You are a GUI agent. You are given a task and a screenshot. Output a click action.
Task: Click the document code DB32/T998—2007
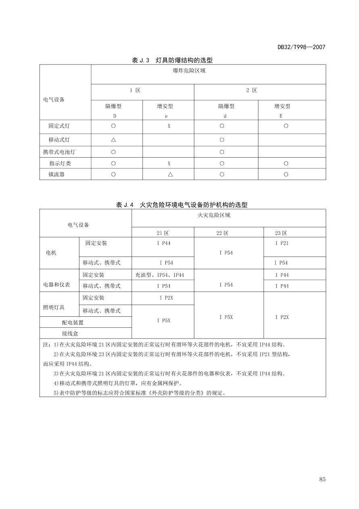301,47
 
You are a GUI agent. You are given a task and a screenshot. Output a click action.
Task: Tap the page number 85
322,479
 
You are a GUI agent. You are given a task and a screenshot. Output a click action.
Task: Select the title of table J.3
172,60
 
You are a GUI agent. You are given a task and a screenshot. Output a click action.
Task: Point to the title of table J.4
181,205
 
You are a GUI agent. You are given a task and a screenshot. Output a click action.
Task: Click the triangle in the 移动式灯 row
113,140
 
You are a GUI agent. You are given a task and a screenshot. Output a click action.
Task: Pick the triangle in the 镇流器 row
170,174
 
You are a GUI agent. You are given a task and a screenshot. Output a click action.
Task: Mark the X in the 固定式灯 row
169,126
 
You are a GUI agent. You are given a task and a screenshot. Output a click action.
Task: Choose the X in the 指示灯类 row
169,163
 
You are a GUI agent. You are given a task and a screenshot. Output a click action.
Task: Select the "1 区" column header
135,90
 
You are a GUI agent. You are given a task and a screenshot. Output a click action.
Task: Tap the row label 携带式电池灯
59,152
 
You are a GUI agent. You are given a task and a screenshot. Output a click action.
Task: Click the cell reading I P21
282,243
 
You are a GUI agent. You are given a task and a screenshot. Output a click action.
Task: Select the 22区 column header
222,233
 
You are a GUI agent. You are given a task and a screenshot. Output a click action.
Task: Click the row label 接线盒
70,333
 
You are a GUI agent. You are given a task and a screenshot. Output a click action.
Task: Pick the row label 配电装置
73,322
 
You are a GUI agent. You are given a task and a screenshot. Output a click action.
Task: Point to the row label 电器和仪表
56,285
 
